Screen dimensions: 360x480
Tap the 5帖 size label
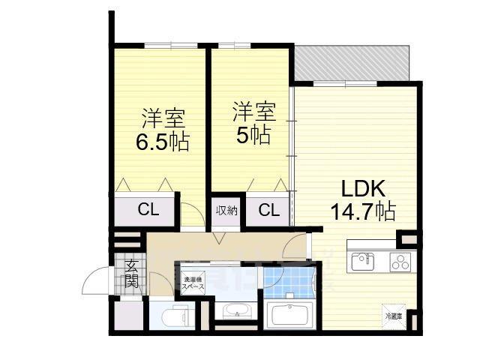(251, 135)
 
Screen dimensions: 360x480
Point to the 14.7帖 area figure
(364, 211)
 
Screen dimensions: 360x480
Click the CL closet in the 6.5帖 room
(148, 210)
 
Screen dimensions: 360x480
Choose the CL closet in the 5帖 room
(268, 210)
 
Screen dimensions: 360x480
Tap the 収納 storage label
(226, 210)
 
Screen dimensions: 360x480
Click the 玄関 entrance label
(131, 274)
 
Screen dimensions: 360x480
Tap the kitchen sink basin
(362, 261)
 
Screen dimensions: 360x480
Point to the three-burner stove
(400, 262)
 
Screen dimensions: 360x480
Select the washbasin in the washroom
(235, 311)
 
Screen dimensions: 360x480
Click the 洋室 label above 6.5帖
(162, 118)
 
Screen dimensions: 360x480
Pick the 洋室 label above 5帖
(253, 112)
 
